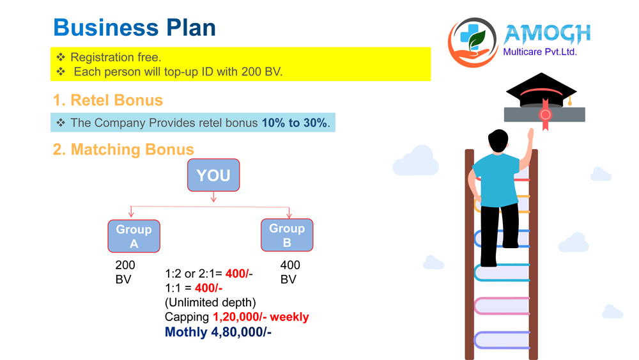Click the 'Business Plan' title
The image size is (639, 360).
pos(134,27)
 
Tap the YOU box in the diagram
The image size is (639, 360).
pos(213,175)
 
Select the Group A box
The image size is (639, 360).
pos(134,236)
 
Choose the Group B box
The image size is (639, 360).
pos(287,235)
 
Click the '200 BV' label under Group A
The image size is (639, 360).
pos(125,272)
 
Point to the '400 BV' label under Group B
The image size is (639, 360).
pos(290,272)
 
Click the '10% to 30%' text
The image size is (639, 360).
pos(294,123)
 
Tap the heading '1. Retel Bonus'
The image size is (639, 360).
pos(108,100)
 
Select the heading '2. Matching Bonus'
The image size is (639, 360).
pos(123,150)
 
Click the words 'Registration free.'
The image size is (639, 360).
pos(116,57)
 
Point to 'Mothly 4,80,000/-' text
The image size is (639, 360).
pos(218,332)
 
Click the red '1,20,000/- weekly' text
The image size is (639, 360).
pos(261,317)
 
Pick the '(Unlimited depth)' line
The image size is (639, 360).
pos(210,302)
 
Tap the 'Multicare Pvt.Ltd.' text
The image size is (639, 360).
pos(540,52)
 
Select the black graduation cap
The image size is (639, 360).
pos(541,91)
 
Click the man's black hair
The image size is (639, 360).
pos(498,140)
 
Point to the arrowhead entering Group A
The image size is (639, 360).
pos(131,214)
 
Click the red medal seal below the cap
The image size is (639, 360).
pos(545,114)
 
